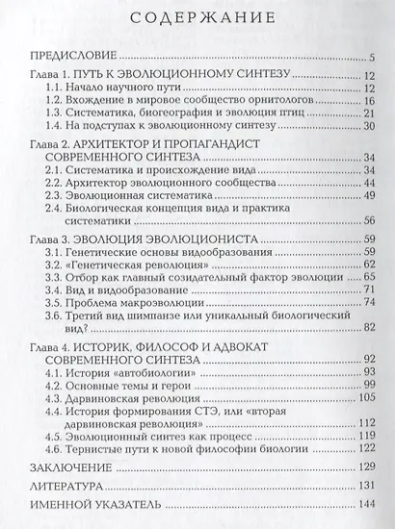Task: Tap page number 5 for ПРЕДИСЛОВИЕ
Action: click(x=372, y=58)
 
